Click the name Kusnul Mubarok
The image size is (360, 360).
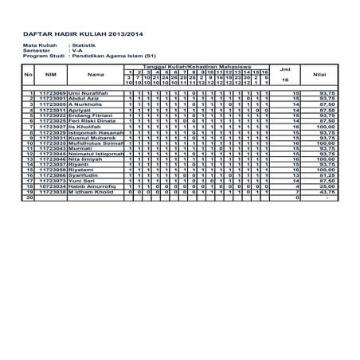pos(92,138)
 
